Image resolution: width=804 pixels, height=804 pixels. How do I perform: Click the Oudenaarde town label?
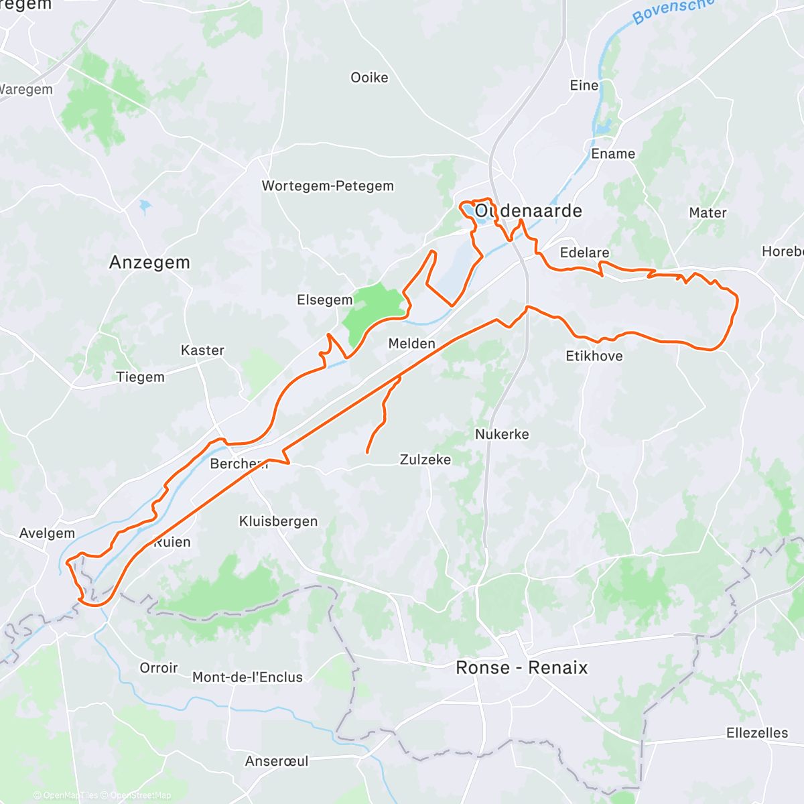click(528, 211)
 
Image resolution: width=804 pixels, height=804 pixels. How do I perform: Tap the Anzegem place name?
click(149, 263)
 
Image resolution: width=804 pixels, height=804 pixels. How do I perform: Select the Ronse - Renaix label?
click(521, 667)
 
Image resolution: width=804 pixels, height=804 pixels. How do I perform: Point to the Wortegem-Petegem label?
click(328, 186)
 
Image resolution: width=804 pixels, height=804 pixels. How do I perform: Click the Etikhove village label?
click(594, 356)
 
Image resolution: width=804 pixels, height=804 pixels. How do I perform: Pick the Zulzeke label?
click(425, 460)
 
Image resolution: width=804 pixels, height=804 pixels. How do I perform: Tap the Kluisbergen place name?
click(278, 521)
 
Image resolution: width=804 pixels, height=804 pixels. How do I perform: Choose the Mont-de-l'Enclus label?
click(247, 677)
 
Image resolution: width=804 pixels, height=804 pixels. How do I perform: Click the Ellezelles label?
click(757, 733)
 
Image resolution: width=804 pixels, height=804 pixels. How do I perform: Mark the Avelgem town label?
click(47, 533)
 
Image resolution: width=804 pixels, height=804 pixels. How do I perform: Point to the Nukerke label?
click(502, 434)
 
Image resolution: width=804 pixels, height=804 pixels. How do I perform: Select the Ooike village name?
click(369, 78)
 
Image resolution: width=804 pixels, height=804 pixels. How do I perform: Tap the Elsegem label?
click(324, 300)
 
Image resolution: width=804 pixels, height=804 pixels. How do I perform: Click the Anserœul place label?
click(277, 761)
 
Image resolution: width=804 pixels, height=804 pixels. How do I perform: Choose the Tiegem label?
click(140, 377)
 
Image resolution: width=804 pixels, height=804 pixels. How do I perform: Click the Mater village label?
click(708, 213)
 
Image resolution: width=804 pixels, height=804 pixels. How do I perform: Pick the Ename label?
click(612, 154)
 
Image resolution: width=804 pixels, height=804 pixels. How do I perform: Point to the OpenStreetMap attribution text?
click(140, 795)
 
